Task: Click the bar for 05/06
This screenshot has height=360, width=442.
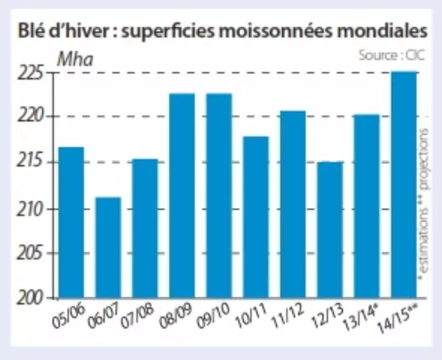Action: point(71,222)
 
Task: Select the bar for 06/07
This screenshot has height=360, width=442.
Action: point(108,247)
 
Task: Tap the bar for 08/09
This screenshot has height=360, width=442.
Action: point(182,195)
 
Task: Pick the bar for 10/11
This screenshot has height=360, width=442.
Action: point(256,217)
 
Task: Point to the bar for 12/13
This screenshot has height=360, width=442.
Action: point(330,229)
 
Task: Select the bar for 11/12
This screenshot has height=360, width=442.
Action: point(293,204)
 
